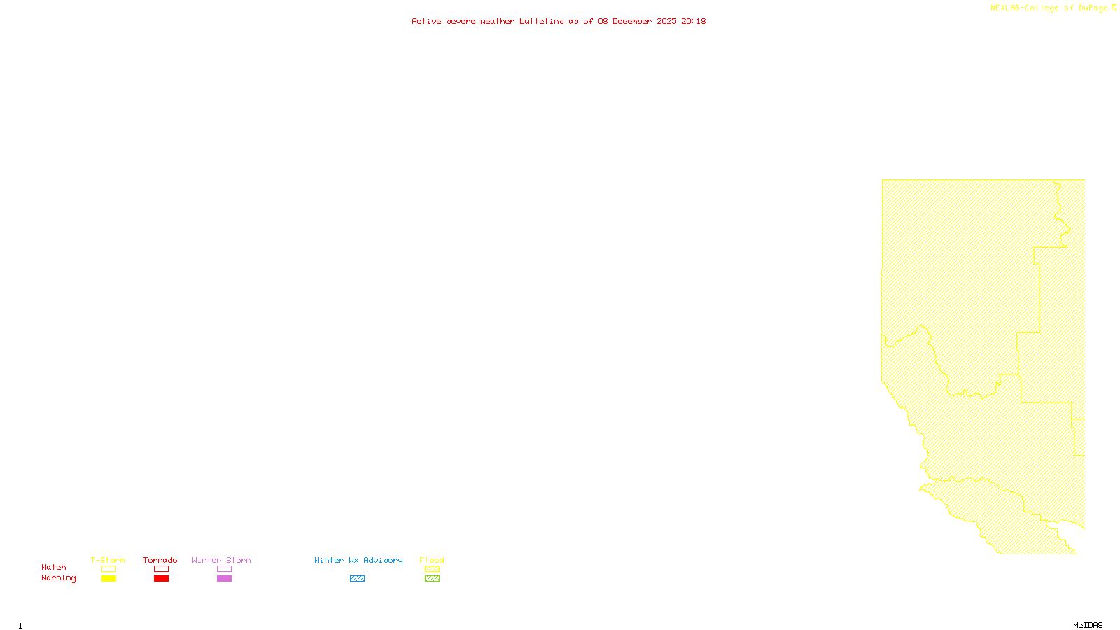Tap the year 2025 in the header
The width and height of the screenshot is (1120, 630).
click(666, 22)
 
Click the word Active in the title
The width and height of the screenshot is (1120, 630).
click(426, 22)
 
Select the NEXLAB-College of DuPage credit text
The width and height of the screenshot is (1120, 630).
click(1049, 8)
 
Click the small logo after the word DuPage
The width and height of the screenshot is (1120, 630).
click(1114, 8)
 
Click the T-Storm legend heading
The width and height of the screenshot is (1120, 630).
click(108, 560)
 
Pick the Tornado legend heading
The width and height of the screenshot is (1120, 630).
click(160, 560)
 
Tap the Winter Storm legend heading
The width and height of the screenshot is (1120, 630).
click(221, 560)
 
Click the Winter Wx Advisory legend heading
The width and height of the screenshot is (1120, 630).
click(358, 560)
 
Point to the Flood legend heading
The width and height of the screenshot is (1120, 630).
click(432, 560)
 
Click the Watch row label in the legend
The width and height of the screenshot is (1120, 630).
click(54, 567)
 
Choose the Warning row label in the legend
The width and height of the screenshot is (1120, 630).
click(59, 578)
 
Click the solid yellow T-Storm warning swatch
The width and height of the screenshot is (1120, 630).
click(108, 579)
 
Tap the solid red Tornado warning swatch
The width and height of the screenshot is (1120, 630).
click(162, 579)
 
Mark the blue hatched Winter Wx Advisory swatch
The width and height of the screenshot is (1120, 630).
click(357, 579)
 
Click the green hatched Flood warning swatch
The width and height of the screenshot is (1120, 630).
click(433, 579)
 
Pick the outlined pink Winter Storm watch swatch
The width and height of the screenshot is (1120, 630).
click(224, 569)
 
